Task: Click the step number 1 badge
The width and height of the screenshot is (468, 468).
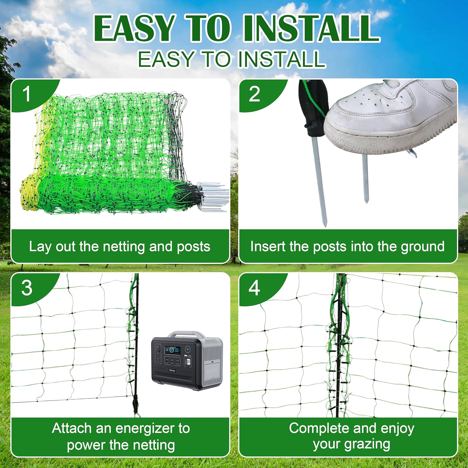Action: point(27,94)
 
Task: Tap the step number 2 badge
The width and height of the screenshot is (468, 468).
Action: point(254,94)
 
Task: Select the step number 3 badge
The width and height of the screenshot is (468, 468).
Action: point(27,288)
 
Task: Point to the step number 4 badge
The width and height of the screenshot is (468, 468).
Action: point(254,288)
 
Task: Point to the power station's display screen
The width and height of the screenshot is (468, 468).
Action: point(172,351)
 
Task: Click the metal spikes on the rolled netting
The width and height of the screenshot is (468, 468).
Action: point(215,197)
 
